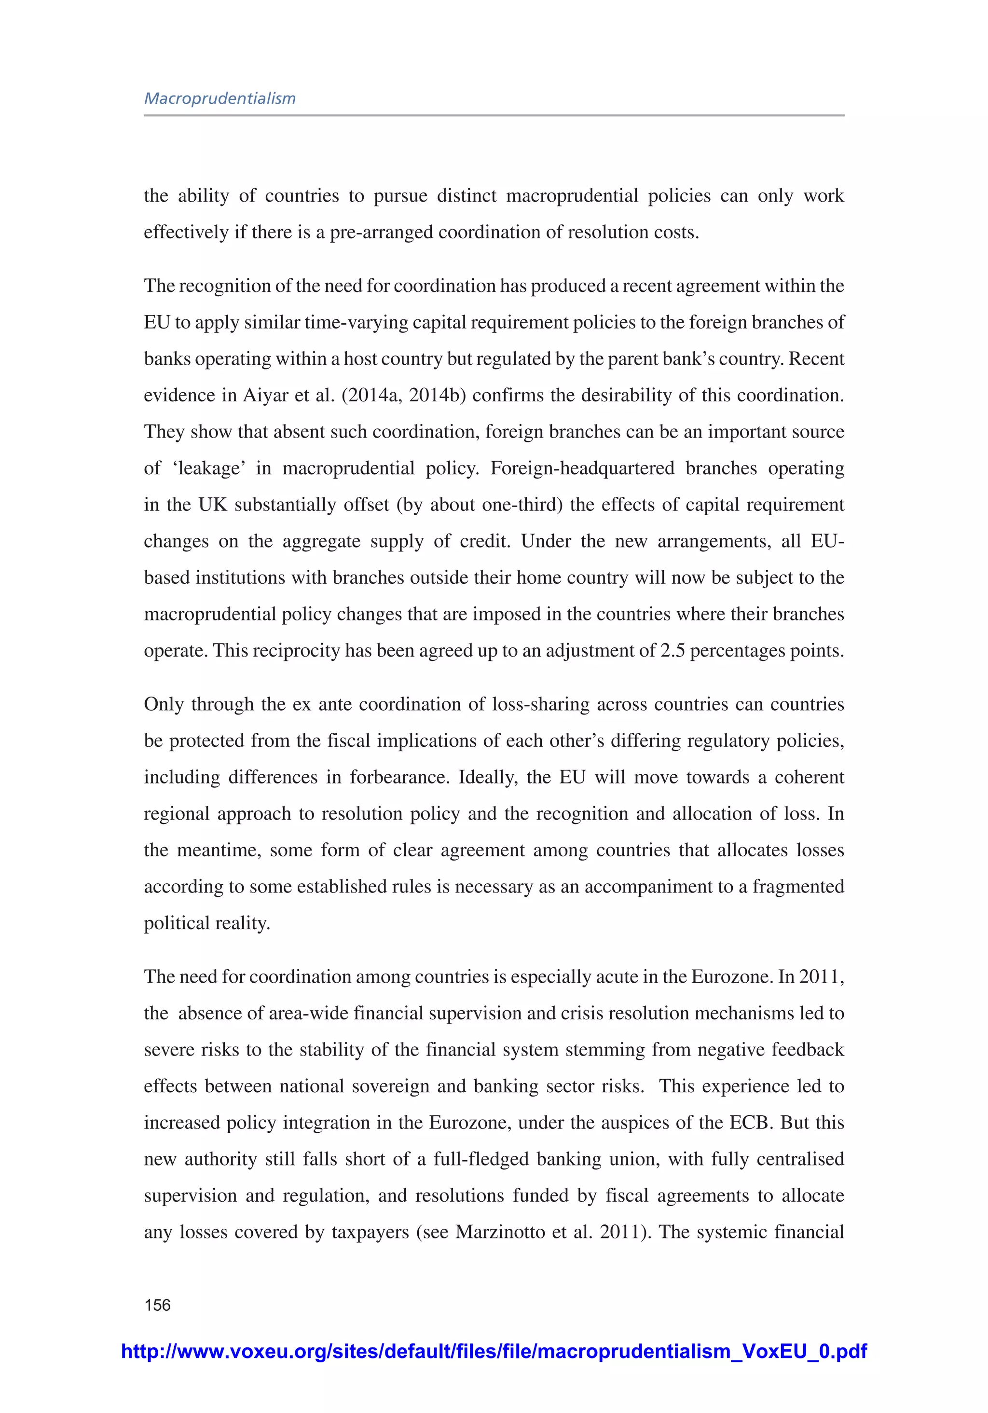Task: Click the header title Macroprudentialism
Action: [220, 98]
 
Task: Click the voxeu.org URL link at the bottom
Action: [494, 1351]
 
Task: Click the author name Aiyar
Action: [267, 395]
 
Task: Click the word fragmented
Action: [798, 887]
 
